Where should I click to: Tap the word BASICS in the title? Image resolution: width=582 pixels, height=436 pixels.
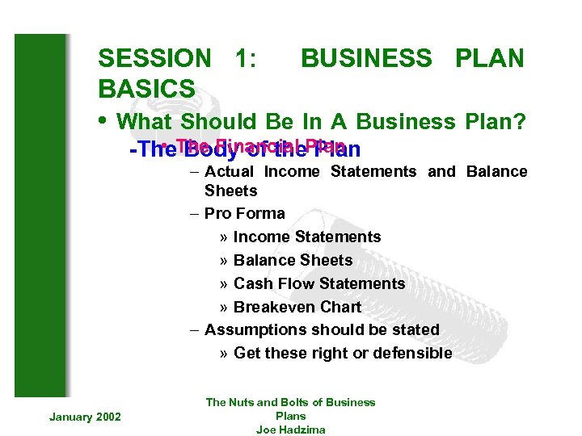[x=146, y=88]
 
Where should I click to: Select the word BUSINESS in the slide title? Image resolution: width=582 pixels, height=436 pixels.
[x=366, y=58]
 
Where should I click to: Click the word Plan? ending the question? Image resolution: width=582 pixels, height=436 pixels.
[x=496, y=122]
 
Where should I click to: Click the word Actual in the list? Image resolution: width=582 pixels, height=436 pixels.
[x=229, y=171]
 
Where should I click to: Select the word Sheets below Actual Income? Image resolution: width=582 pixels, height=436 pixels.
[x=230, y=191]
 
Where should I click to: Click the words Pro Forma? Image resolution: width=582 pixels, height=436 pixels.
[x=244, y=213]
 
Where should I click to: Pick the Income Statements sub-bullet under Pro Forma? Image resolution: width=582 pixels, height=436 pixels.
[x=306, y=237]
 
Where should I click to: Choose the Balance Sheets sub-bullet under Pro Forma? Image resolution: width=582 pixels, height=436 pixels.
[x=293, y=260]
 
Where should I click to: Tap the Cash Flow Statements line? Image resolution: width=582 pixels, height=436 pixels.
[x=318, y=283]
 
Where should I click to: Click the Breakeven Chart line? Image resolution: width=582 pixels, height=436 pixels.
[x=297, y=307]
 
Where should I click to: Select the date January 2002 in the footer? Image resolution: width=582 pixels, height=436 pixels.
[x=85, y=416]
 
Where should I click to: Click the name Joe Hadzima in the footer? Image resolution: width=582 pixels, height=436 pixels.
[x=290, y=430]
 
